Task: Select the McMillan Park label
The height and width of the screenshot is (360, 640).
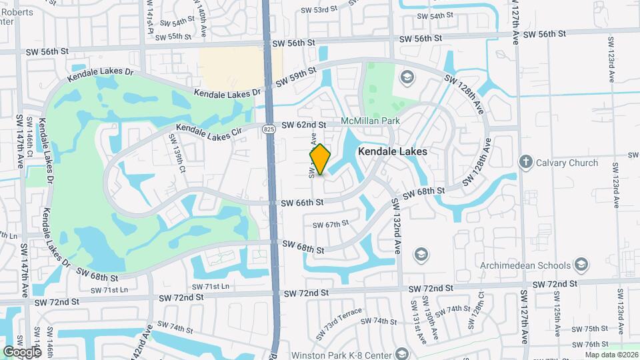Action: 369,121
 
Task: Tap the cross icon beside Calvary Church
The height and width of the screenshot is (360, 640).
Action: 526,162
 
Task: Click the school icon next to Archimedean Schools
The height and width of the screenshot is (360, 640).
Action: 581,265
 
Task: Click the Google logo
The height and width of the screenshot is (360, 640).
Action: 21,352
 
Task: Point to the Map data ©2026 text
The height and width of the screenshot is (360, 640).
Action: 611,355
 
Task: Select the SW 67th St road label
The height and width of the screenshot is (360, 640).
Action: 331,225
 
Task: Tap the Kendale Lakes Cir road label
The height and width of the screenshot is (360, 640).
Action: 209,131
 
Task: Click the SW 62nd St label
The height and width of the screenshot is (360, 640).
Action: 303,125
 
